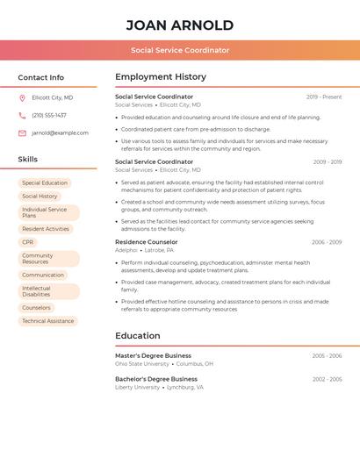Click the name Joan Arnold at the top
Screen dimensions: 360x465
180,25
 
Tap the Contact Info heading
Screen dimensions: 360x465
41,77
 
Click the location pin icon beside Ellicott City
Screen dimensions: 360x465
22,98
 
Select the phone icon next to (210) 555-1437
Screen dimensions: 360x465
22,116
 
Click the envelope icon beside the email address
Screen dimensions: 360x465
22,133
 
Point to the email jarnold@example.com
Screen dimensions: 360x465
61,133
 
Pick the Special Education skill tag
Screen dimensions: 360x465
45,183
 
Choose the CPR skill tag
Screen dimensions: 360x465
28,242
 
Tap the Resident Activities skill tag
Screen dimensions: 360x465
46,229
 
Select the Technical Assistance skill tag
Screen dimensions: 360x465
48,321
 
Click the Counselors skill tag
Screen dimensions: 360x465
37,308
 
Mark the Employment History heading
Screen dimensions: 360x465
161,77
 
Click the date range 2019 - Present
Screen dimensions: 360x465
324,97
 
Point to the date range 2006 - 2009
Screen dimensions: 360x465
327,242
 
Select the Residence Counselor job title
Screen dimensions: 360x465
147,242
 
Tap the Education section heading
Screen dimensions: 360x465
138,336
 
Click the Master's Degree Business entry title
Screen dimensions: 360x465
153,356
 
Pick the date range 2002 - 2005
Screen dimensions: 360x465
327,379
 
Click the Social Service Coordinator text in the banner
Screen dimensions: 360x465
180,51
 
